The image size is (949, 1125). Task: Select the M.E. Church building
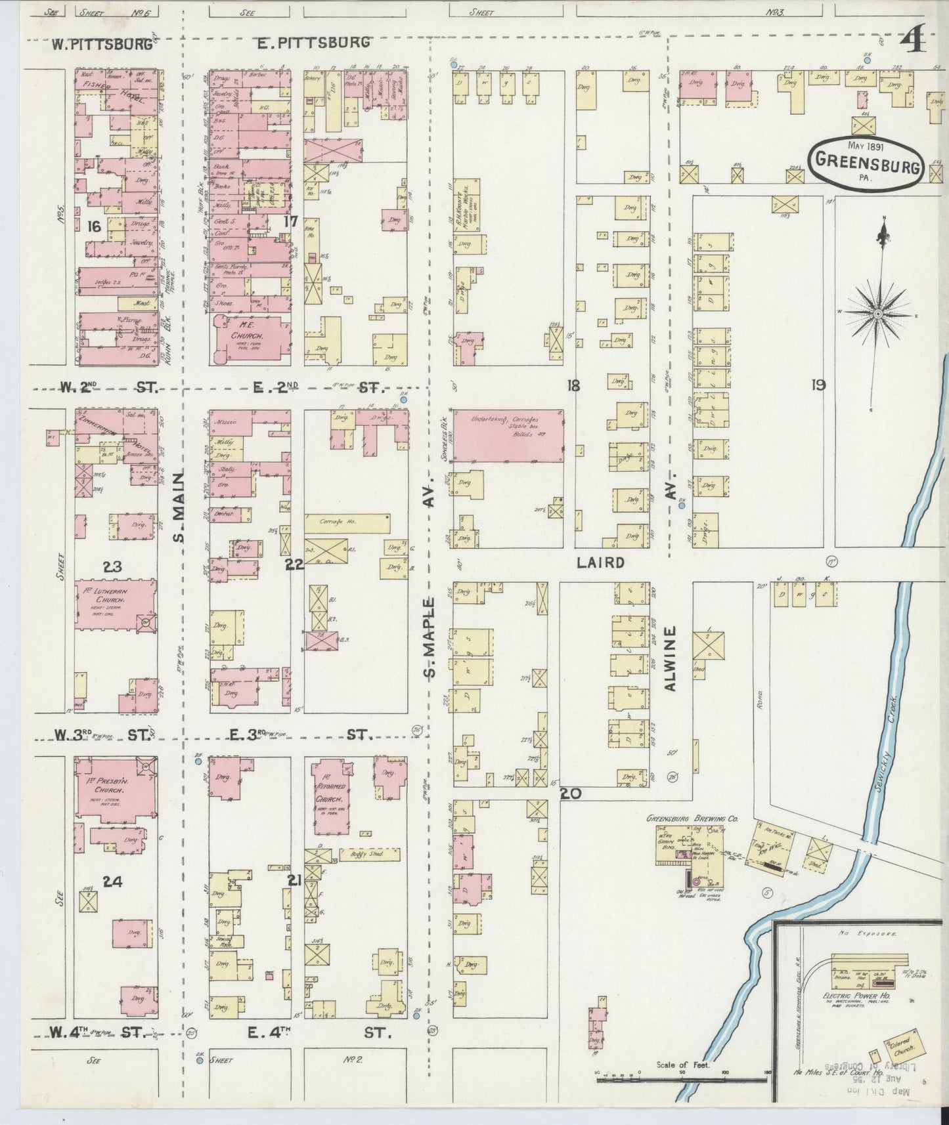point(251,339)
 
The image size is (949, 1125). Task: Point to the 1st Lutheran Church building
point(114,605)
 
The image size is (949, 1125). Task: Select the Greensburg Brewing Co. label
point(684,818)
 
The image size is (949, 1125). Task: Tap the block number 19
point(818,385)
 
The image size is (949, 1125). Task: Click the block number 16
point(94,227)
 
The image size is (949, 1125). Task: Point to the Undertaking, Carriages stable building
point(506,436)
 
